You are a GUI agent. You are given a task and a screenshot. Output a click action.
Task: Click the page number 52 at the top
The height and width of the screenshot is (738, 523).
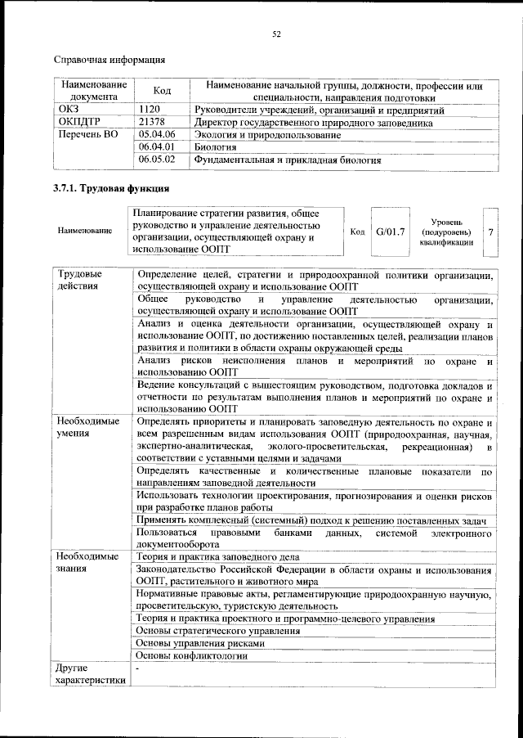276,34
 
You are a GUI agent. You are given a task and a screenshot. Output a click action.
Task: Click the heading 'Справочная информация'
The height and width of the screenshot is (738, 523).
110,60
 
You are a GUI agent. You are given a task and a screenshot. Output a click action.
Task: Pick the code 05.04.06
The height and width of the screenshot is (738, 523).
158,134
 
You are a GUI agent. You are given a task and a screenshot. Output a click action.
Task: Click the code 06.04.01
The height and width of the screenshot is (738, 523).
158,147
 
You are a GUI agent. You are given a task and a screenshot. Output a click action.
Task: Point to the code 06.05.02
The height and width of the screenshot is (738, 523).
158,160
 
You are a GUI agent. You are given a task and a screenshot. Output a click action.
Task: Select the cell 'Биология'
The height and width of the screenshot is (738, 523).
215,147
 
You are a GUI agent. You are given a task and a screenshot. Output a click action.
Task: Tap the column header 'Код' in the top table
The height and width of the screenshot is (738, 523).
162,91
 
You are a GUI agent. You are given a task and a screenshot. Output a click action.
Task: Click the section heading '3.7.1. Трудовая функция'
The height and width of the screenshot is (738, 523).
107,189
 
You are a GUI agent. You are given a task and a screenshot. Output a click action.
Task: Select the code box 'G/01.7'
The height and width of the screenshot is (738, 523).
390,232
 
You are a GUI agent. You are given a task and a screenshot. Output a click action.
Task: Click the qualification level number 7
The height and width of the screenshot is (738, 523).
489,232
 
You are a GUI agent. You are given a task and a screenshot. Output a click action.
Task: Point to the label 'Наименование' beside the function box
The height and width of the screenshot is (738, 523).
85,232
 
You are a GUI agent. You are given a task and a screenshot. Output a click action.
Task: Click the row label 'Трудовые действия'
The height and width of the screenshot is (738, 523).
80,280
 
